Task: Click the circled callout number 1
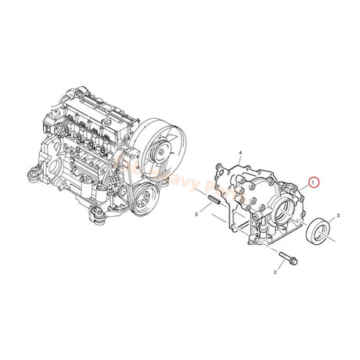pyautogui.click(x=314, y=182)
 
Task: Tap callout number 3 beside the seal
pyautogui.click(x=337, y=214)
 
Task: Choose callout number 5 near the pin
pyautogui.click(x=196, y=213)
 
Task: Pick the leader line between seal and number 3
pyautogui.click(x=329, y=221)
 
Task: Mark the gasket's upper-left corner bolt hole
pyautogui.click(x=218, y=167)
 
